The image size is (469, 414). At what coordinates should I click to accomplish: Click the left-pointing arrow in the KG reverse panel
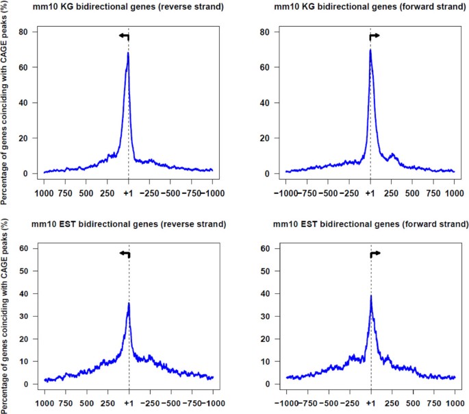[x=124, y=36]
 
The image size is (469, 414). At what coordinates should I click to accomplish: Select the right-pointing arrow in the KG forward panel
[x=375, y=36]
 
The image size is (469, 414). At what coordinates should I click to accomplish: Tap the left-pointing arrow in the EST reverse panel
[x=124, y=254]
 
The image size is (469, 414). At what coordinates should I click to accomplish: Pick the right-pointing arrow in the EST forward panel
[x=375, y=254]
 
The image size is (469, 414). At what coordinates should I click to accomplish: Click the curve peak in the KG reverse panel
[x=128, y=53]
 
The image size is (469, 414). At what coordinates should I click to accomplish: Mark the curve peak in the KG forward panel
[x=370, y=49]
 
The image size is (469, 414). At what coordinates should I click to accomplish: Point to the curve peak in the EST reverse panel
[x=128, y=303]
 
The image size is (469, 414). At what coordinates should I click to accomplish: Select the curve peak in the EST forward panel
[x=370, y=296]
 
